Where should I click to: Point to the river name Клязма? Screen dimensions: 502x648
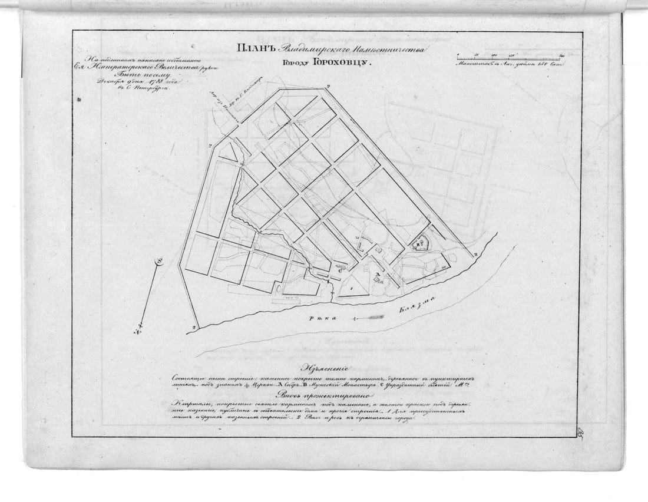416,306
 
